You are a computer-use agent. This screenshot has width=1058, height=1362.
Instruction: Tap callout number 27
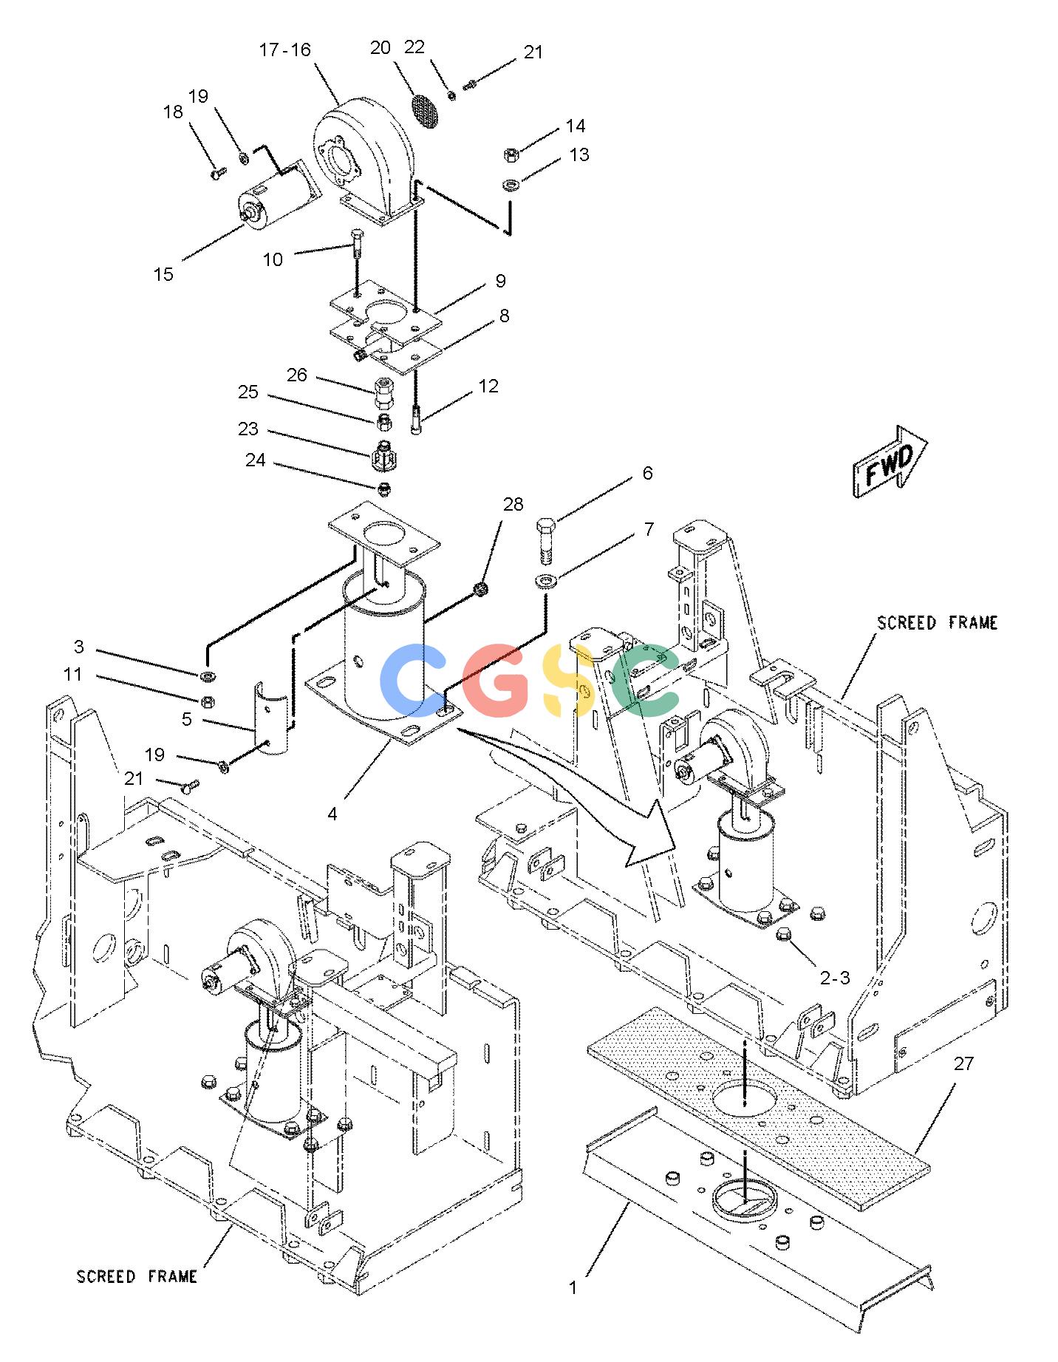tap(963, 1063)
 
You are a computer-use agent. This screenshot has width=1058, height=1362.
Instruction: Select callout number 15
tap(163, 275)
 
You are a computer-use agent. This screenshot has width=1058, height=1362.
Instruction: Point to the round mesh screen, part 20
tap(424, 110)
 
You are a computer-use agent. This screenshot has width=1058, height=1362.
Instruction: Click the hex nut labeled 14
tap(510, 154)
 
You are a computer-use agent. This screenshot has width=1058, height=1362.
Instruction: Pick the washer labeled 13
tap(510, 183)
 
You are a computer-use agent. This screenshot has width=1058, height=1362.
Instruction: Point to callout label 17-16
tap(285, 50)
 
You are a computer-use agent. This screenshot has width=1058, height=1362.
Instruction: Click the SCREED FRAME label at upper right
tap(937, 623)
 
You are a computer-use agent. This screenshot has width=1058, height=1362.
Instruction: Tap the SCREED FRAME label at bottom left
tap(137, 1277)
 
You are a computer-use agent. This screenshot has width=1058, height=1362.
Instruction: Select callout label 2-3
tap(835, 978)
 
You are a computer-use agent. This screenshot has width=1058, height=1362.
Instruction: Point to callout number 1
tap(573, 1287)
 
